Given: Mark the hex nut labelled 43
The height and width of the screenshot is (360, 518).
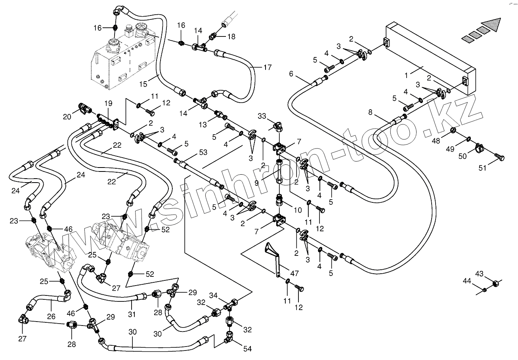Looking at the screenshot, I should tap(495, 283).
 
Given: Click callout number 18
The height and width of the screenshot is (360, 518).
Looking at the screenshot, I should tap(231, 36).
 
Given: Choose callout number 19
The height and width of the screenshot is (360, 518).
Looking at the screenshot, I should tap(108, 104).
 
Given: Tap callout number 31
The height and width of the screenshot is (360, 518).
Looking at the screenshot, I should tap(132, 314).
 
